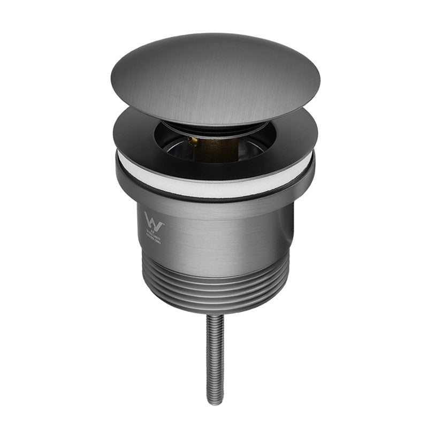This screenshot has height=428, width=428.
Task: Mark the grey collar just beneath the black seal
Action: click(x=214, y=206)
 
